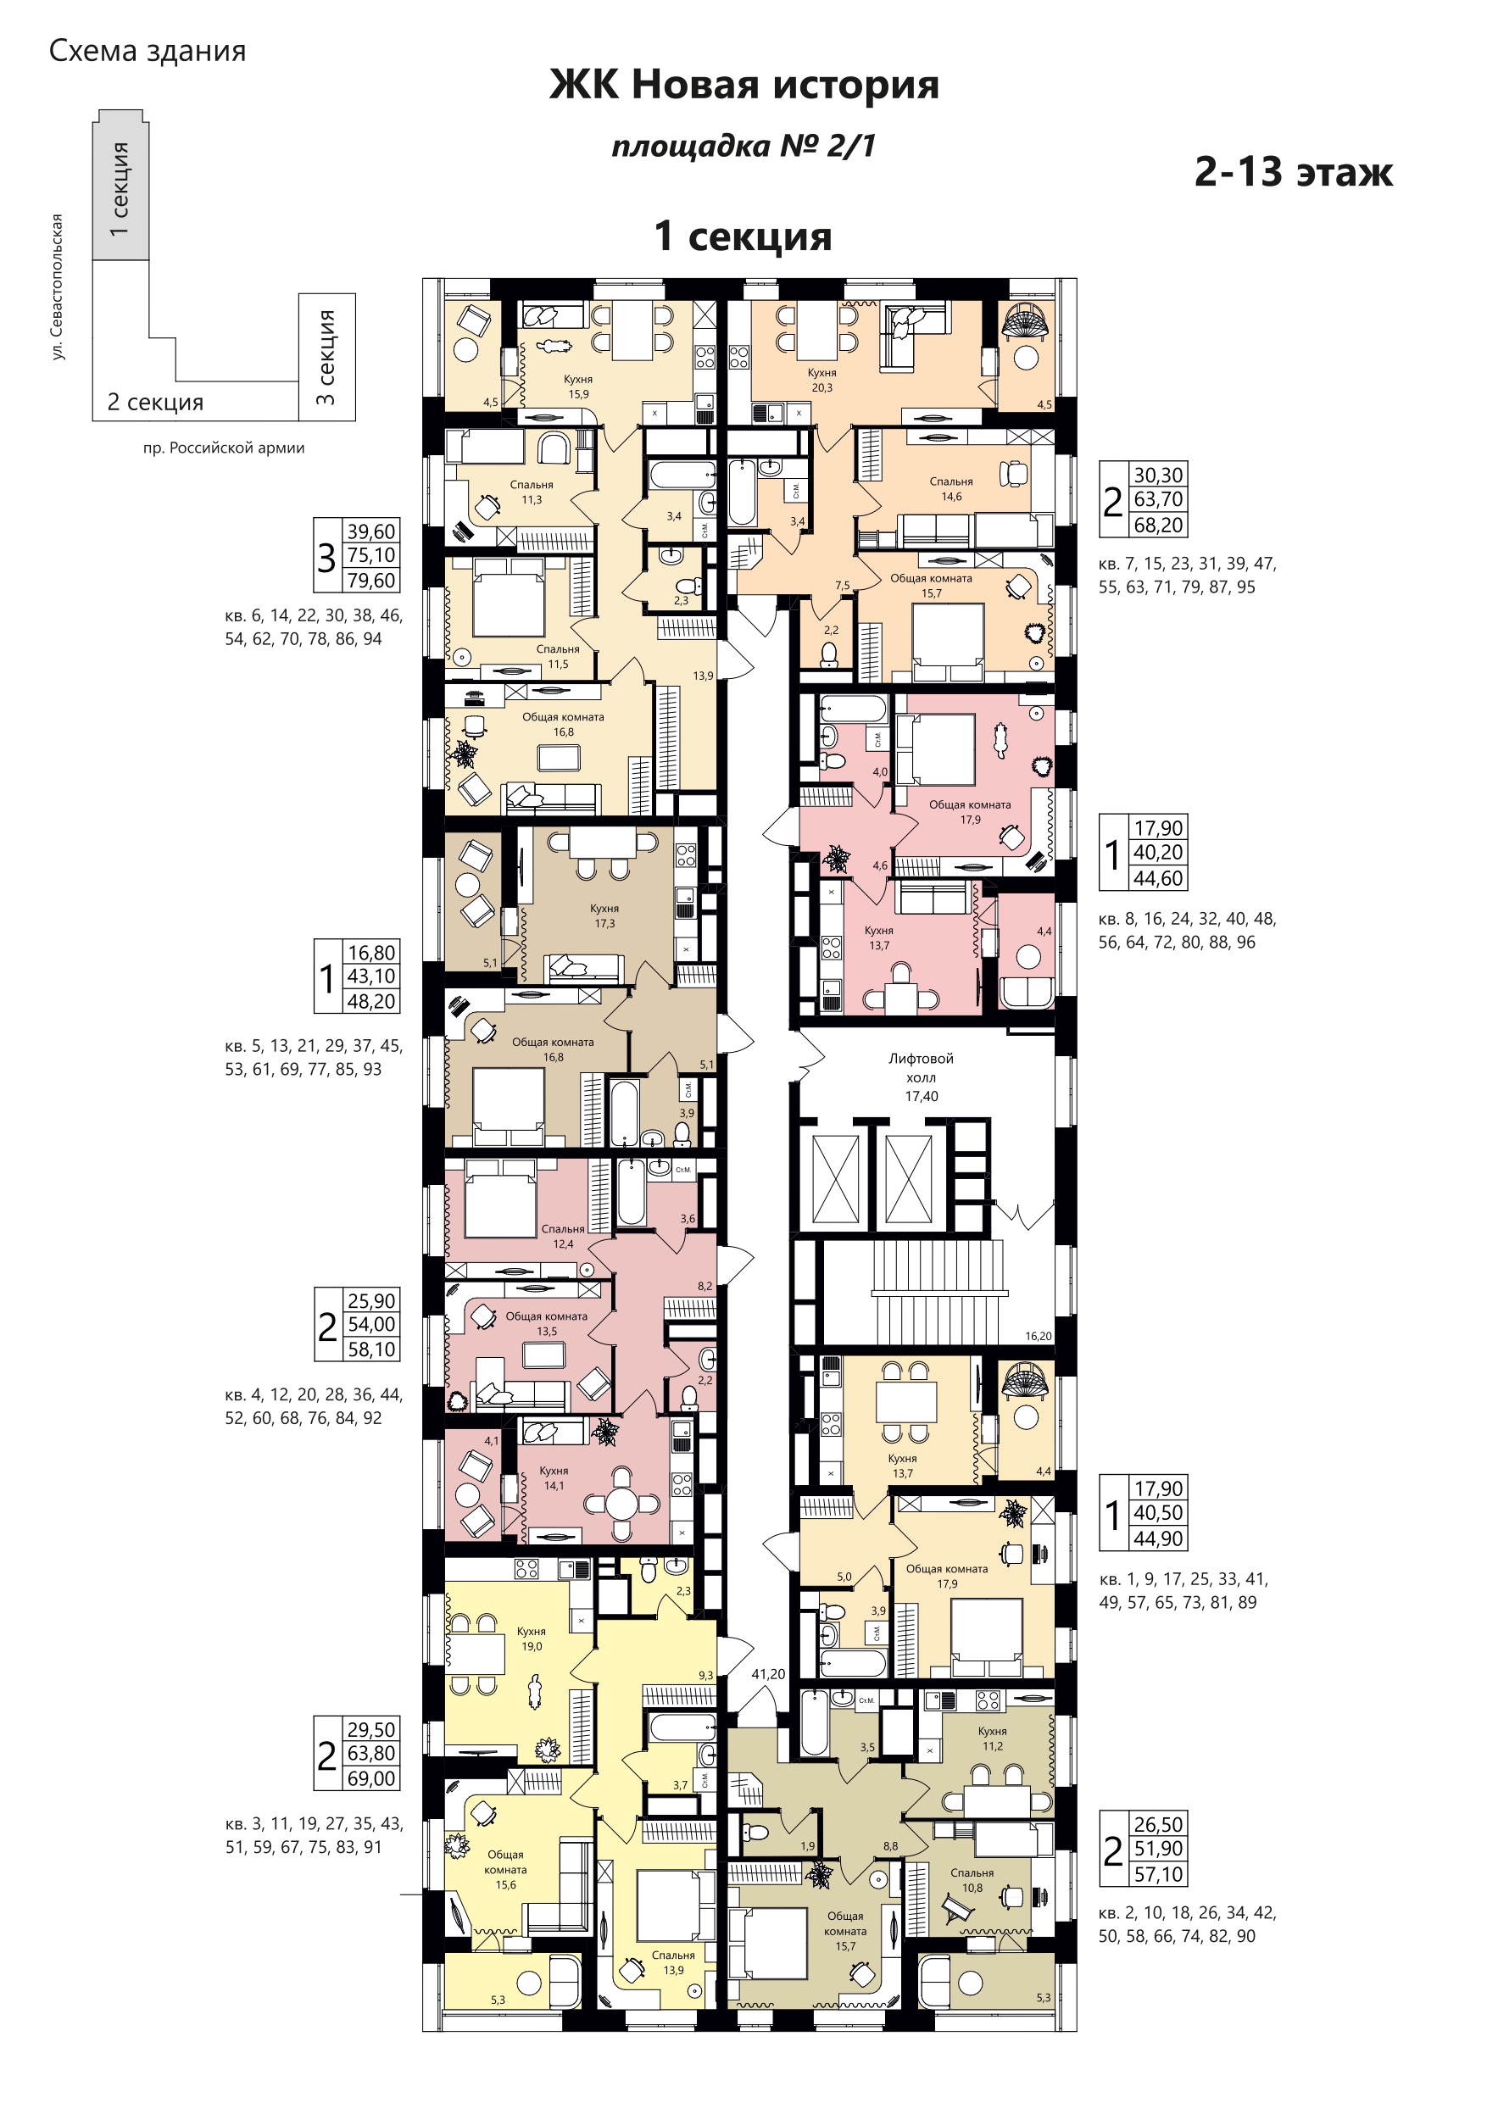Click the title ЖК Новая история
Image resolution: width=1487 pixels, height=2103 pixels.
(x=744, y=85)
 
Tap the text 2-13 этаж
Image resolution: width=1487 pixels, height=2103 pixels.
(x=1294, y=171)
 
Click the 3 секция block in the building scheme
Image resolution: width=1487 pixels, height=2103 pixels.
(x=327, y=357)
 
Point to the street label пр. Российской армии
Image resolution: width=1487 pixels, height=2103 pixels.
(x=224, y=448)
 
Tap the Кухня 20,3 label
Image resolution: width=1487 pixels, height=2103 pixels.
(x=821, y=380)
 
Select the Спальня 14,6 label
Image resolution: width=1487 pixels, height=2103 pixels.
(x=951, y=489)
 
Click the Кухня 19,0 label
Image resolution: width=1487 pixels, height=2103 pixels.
(x=532, y=1638)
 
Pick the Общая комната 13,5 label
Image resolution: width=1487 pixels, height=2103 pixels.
(x=547, y=1323)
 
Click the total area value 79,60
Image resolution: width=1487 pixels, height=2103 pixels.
(x=371, y=581)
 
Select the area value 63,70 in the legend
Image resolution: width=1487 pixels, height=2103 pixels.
(x=1158, y=499)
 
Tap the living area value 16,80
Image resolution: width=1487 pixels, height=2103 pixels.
(x=371, y=953)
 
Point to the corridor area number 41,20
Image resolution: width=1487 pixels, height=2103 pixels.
(x=768, y=1673)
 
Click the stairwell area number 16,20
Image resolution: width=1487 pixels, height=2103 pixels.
(x=1038, y=1337)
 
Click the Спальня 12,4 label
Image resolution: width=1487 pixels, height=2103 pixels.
(x=563, y=1237)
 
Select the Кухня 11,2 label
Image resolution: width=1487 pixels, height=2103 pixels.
(x=992, y=1739)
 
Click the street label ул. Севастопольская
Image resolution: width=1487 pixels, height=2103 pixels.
(x=58, y=287)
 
